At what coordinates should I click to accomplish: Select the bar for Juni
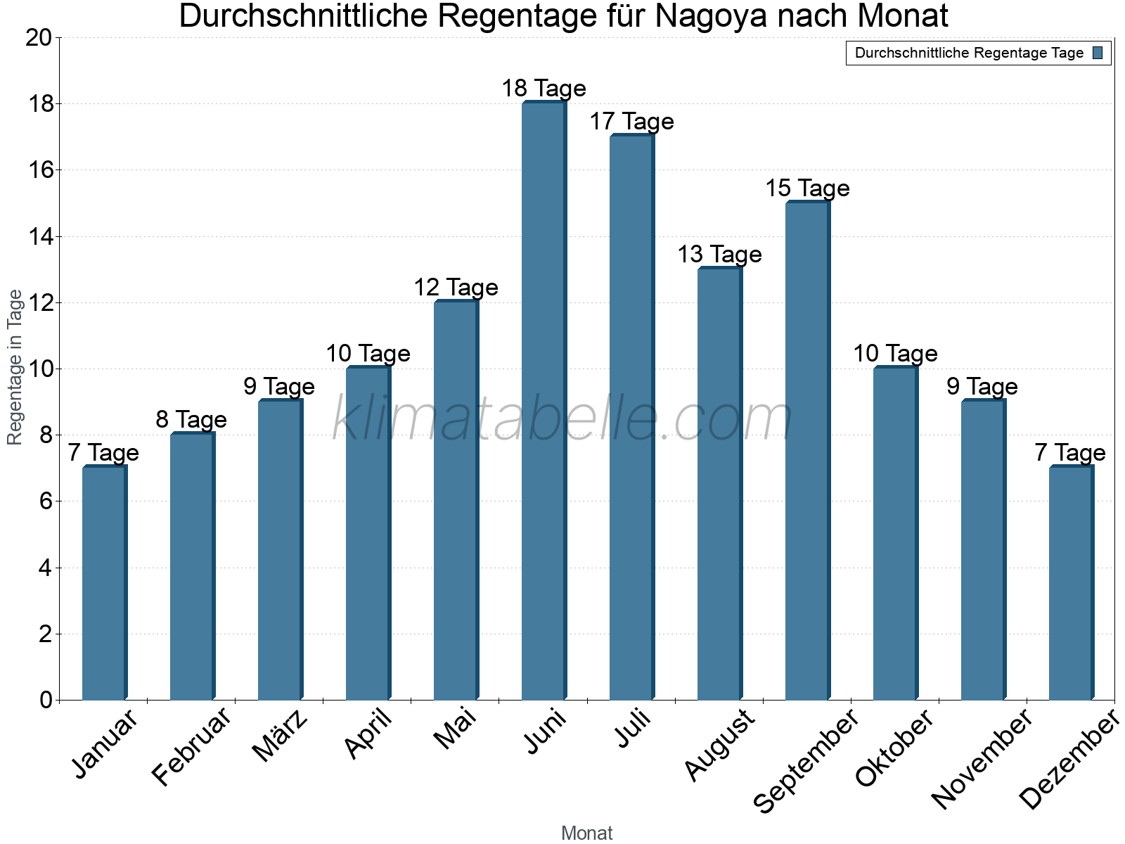[x=544, y=401]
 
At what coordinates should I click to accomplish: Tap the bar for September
[x=807, y=450]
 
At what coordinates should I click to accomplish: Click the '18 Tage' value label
[x=544, y=89]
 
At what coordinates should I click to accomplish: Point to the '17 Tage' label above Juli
[x=631, y=122]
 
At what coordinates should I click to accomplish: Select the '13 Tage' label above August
[x=719, y=254]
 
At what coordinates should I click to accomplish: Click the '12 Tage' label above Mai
[x=456, y=287]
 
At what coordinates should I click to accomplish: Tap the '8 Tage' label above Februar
[x=191, y=420]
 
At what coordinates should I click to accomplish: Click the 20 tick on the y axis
[x=39, y=38]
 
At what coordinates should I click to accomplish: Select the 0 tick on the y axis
[x=46, y=701]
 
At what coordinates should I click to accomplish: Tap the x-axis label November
[x=982, y=758]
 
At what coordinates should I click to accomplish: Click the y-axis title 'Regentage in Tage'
[x=15, y=367]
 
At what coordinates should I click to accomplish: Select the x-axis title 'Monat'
[x=587, y=833]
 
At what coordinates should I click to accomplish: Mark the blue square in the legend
[x=1098, y=53]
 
